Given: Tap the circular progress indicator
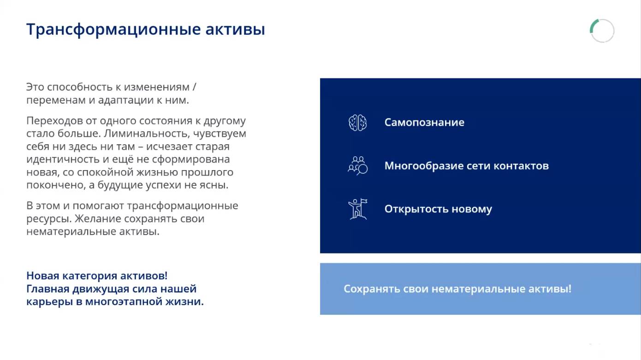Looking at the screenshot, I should coord(602,31).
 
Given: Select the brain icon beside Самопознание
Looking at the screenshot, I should coord(357,123).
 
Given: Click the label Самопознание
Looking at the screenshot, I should coord(424,123).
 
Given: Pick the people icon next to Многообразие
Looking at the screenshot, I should coord(357,165).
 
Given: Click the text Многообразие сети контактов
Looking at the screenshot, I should coord(466,166).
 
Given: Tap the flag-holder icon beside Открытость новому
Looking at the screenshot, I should coord(357,209).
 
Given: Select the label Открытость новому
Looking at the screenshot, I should coord(438,209).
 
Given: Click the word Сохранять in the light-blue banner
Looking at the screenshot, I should coord(372,289).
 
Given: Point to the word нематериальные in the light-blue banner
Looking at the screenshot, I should coord(468,289).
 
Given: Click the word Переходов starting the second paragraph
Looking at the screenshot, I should coord(51,121).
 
